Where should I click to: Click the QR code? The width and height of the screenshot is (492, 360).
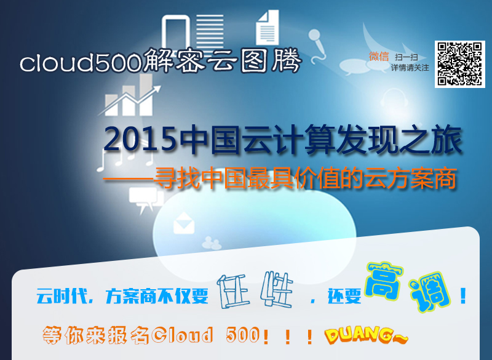click(x=459, y=64)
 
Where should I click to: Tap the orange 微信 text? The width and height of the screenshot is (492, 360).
click(x=379, y=57)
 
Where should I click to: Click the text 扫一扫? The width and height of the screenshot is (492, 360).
click(x=407, y=57)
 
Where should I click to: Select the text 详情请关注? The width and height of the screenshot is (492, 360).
click(x=410, y=68)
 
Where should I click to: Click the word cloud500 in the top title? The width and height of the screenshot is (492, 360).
click(x=81, y=62)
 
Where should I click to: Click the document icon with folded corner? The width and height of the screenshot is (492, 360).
click(x=268, y=28)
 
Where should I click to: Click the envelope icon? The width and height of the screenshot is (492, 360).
click(x=184, y=223)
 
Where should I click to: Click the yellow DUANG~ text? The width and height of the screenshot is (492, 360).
click(x=366, y=335)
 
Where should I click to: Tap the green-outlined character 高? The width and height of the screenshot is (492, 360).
click(x=384, y=280)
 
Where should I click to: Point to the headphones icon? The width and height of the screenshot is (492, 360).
click(x=394, y=98)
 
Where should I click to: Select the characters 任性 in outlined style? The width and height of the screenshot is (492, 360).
click(x=255, y=290)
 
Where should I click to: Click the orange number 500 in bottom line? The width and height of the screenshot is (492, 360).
click(x=243, y=335)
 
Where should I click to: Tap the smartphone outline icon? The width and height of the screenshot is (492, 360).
click(x=176, y=31)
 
